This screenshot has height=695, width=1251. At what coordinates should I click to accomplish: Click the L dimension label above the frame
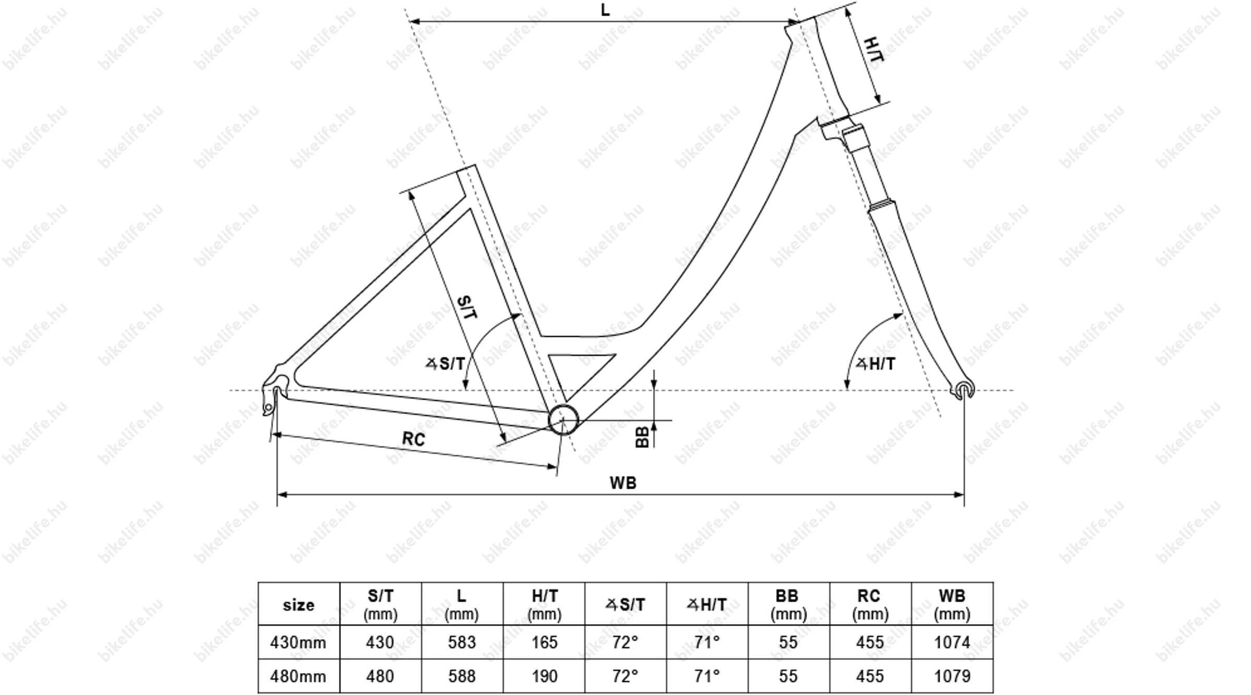pos(605,10)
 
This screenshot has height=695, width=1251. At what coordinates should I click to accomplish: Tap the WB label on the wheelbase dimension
pos(623,483)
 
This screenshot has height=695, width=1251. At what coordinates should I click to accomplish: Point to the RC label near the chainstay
pos(413,439)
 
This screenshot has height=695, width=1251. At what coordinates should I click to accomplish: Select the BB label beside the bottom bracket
pos(643,437)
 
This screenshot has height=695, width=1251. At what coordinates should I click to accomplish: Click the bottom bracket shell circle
pos(563,419)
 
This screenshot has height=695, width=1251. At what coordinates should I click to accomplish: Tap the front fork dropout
pos(963,390)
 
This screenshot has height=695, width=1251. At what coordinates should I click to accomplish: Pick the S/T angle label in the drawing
pos(446,364)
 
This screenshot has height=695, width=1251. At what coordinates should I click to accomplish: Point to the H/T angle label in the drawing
pos(876,364)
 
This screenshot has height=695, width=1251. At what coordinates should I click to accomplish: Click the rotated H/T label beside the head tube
pos(874,49)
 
